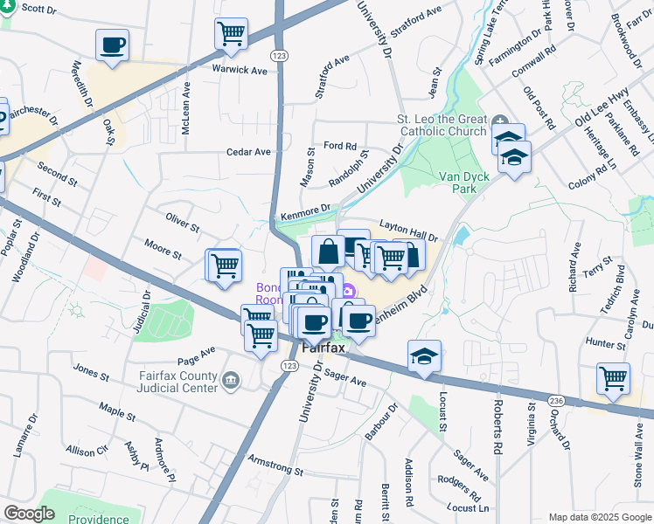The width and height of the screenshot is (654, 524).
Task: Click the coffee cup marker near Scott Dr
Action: pyautogui.click(x=112, y=45)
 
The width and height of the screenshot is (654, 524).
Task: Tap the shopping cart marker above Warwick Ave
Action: pyautogui.click(x=230, y=34)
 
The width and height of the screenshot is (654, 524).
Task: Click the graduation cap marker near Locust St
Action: pyautogui.click(x=424, y=356)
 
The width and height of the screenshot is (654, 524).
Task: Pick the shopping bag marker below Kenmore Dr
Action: pyautogui.click(x=328, y=252)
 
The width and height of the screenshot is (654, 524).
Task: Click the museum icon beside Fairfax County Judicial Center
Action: pyautogui.click(x=232, y=379)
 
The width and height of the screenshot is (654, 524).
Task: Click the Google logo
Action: pyautogui.click(x=29, y=514)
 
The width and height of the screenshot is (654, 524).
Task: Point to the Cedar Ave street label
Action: pyautogui.click(x=249, y=151)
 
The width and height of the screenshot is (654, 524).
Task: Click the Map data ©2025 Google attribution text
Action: pyautogui.click(x=599, y=517)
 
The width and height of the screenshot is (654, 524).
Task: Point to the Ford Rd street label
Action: pyautogui.click(x=340, y=146)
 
